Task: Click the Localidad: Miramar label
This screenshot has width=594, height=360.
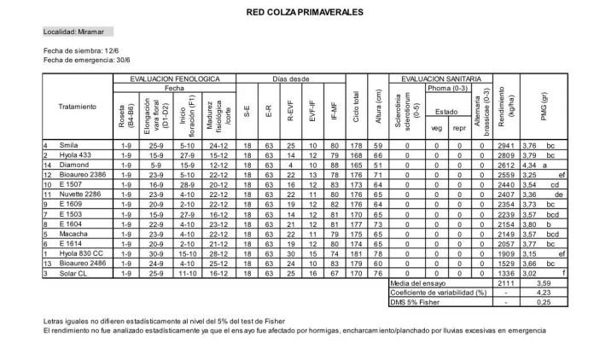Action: pos(73,32)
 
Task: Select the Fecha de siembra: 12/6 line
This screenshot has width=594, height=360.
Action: pos(76,51)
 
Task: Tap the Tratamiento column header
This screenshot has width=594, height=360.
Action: pos(77,107)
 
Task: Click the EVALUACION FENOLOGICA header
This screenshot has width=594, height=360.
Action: pos(174,78)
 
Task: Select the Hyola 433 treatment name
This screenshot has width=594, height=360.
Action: pos(74,155)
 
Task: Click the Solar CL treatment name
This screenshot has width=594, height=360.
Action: pos(73,272)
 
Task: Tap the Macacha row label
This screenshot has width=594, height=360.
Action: pos(73,233)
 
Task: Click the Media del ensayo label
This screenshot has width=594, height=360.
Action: pos(419,282)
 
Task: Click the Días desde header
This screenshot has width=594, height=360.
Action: pos(291,78)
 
